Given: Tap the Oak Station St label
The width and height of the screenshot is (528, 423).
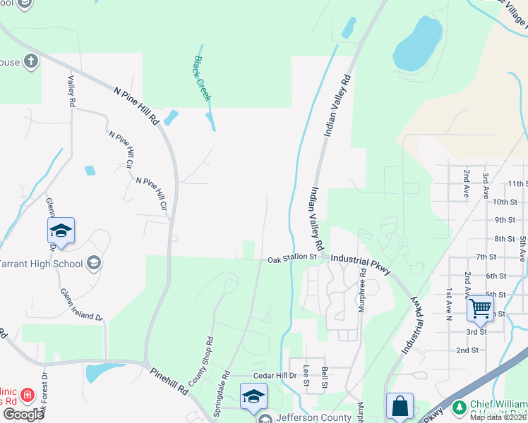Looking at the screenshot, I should [x=292, y=259].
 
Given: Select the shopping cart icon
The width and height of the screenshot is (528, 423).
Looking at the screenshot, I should [x=480, y=307].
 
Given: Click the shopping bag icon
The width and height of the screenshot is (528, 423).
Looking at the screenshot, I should [x=400, y=405].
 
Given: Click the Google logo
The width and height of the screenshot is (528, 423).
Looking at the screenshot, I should [x=23, y=414].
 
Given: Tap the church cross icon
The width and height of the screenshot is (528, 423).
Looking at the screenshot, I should [x=30, y=61].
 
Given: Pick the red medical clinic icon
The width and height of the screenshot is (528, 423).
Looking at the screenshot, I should [x=28, y=395].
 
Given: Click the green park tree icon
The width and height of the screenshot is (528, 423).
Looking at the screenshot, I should [x=460, y=407].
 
